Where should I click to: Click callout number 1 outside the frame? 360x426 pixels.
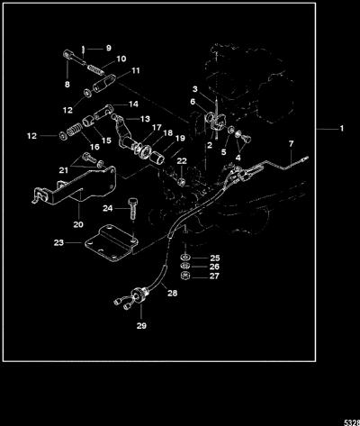341,129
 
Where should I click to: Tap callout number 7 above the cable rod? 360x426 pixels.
291,144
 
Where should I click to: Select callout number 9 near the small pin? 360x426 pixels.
109,48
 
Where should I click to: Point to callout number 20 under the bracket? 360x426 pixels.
78,224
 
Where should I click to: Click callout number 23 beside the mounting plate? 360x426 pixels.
58,242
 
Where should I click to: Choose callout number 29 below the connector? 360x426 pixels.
141,325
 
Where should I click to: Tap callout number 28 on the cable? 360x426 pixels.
173,293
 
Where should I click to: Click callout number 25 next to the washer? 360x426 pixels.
215,258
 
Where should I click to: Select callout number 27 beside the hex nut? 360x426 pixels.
214,276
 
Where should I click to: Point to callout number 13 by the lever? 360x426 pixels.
145,119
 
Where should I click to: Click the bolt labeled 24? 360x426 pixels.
132,208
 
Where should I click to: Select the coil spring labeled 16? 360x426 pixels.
74,131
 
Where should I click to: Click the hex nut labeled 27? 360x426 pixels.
185,276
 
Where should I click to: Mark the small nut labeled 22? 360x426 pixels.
182,182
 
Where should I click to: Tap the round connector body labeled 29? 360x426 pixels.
139,295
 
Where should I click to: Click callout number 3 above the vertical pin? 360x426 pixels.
195,89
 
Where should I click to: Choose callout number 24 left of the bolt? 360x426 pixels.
108,208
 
